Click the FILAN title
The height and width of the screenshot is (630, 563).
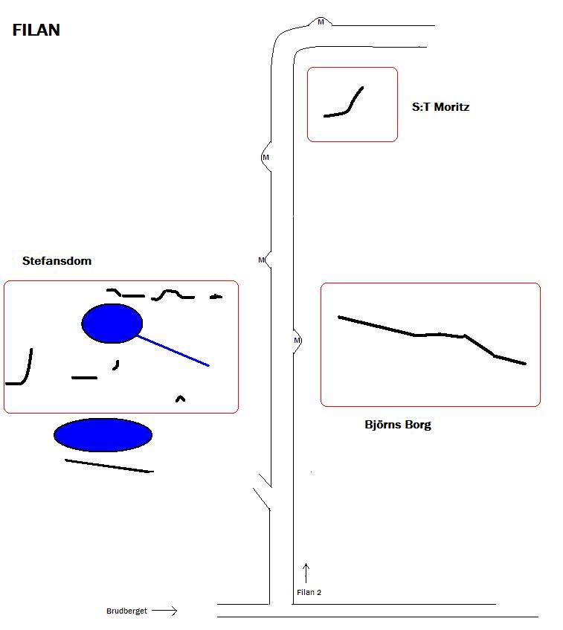[36, 30]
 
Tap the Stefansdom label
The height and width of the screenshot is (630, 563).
[57, 261]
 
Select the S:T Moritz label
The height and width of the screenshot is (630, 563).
[440, 107]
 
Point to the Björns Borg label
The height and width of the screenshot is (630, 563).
[398, 425]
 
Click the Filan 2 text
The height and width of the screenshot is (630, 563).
[309, 592]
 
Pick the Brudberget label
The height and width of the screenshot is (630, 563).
[126, 611]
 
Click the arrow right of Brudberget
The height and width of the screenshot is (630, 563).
[164, 611]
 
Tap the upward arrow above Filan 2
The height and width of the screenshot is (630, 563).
[306, 573]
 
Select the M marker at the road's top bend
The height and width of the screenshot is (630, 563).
[321, 22]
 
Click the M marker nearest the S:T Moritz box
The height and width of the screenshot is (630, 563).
[266, 157]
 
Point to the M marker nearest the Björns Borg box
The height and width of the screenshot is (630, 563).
[297, 341]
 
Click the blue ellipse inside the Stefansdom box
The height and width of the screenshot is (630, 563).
[112, 324]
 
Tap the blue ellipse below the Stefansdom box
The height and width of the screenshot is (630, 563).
[103, 434]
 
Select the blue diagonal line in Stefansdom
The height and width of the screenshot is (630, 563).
[173, 351]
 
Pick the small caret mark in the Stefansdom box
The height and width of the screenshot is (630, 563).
[181, 398]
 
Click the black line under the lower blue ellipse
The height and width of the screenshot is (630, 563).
[109, 466]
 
